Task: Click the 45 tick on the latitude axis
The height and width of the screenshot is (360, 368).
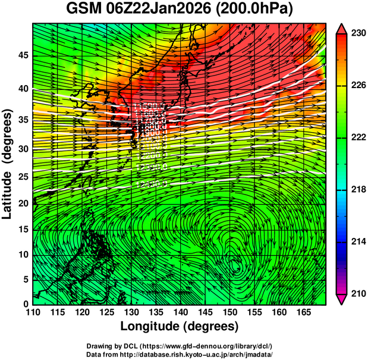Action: (x=23, y=55)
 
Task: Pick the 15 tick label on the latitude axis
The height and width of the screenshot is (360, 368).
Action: (x=23, y=229)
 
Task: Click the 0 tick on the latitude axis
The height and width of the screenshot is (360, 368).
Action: (x=26, y=303)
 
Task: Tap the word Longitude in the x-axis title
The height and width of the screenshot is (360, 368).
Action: (x=151, y=326)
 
